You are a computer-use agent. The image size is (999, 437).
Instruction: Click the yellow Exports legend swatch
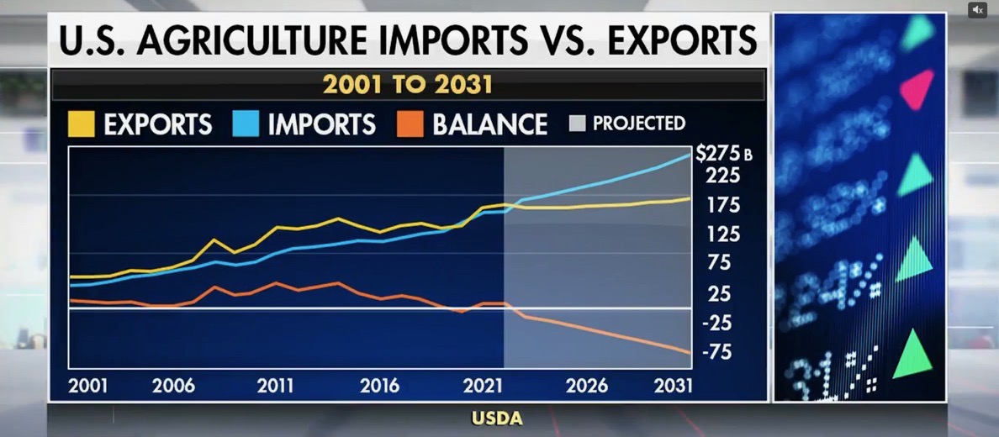[x=81, y=124]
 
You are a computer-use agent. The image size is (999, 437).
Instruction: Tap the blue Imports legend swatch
[x=246, y=124]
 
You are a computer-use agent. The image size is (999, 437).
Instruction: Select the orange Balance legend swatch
[x=410, y=124]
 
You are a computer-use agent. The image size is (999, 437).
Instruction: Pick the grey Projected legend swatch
[x=577, y=124]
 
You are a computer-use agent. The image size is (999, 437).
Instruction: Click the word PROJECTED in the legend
[x=639, y=124]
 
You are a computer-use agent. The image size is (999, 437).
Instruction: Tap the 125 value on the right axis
[x=722, y=234]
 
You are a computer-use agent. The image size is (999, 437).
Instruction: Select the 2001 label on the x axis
[x=88, y=386]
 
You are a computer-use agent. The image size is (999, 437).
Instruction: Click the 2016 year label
[x=380, y=386]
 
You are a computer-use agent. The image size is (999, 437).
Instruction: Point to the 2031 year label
[x=674, y=386]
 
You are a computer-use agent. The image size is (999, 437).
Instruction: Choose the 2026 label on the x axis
[x=587, y=386]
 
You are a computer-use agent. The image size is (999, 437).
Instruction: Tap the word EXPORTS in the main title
[x=682, y=41]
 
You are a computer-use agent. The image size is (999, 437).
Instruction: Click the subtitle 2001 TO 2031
[x=408, y=86]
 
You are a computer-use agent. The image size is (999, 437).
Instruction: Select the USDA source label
[x=497, y=419]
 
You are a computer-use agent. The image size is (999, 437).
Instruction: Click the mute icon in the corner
[x=977, y=10]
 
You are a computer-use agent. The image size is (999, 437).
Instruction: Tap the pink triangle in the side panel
[x=918, y=88]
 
